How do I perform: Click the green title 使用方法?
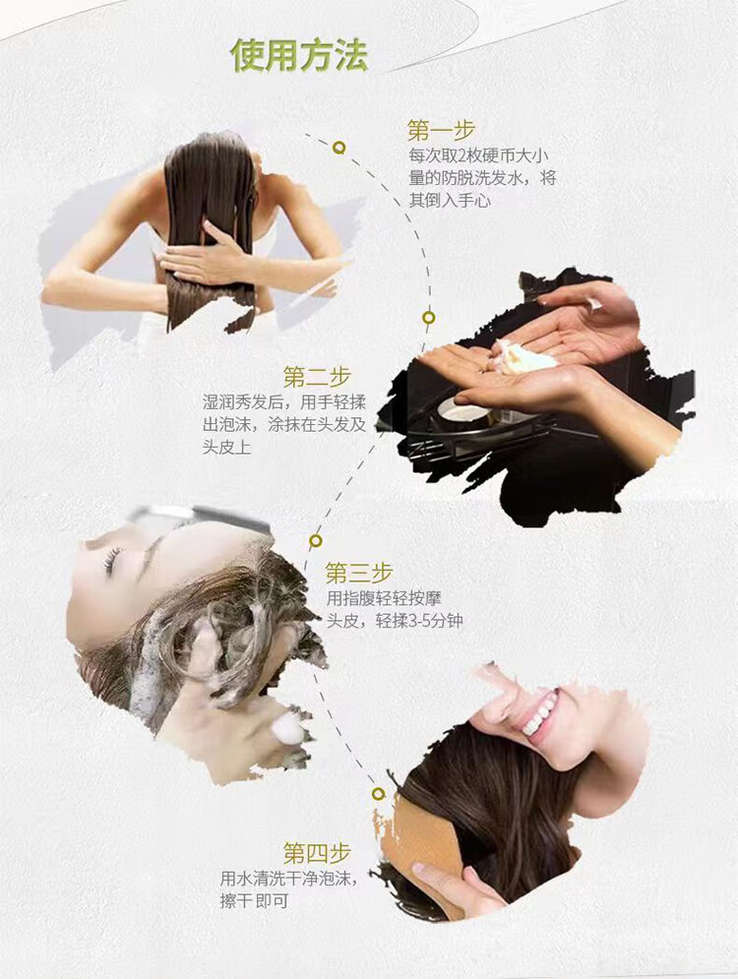(299, 55)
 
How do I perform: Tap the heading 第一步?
(442, 131)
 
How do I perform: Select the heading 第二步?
(317, 377)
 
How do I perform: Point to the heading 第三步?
(359, 573)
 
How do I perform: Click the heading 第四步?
(317, 852)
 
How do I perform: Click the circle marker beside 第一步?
(339, 148)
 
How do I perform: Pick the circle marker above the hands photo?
(428, 318)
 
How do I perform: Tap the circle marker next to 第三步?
(316, 541)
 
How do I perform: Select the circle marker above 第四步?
(379, 794)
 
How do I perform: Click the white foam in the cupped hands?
(523, 357)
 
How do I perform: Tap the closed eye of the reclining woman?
(113, 560)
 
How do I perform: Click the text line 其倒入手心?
(450, 201)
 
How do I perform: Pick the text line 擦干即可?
(254, 901)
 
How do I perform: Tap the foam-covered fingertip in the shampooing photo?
(289, 728)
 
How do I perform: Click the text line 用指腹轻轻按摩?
(384, 598)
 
